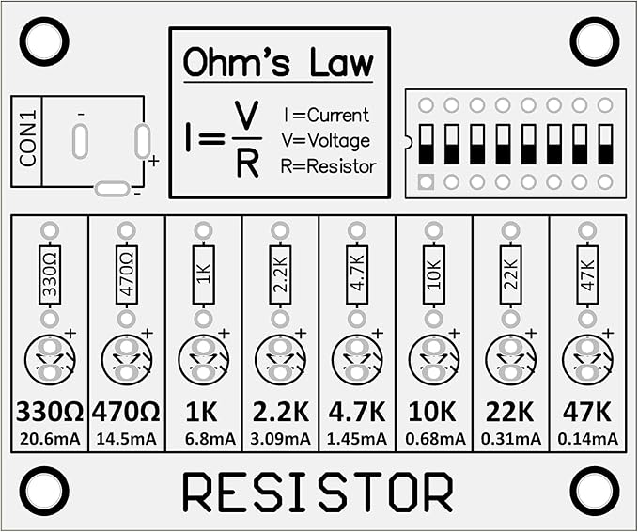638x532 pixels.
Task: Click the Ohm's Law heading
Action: pyautogui.click(x=278, y=63)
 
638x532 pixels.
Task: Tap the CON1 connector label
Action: pyautogui.click(x=28, y=140)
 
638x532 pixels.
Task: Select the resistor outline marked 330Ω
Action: pyautogui.click(x=50, y=274)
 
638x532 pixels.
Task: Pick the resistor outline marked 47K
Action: pyautogui.click(x=587, y=274)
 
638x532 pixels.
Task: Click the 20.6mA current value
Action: pyautogui.click(x=50, y=439)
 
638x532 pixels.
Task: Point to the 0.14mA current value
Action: pyautogui.click(x=587, y=439)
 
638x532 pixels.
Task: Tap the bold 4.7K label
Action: pyautogui.click(x=357, y=413)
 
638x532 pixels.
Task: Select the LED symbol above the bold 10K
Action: pyautogui.click(x=434, y=360)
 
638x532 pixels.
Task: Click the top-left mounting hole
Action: pyautogui.click(x=43, y=41)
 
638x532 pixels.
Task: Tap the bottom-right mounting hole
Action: pyautogui.click(x=595, y=490)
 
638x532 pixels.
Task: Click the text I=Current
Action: pyautogui.click(x=326, y=116)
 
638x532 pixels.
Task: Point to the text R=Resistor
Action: pyautogui.click(x=328, y=166)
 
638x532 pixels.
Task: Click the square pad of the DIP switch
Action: pyautogui.click(x=426, y=181)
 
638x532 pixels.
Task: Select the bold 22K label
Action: pyautogui.click(x=510, y=413)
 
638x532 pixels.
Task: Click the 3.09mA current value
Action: pyautogui.click(x=280, y=439)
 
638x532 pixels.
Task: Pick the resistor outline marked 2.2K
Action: pyautogui.click(x=280, y=274)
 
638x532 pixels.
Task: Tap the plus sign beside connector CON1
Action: pyautogui.click(x=153, y=161)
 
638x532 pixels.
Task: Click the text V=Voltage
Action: pyautogui.click(x=325, y=141)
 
